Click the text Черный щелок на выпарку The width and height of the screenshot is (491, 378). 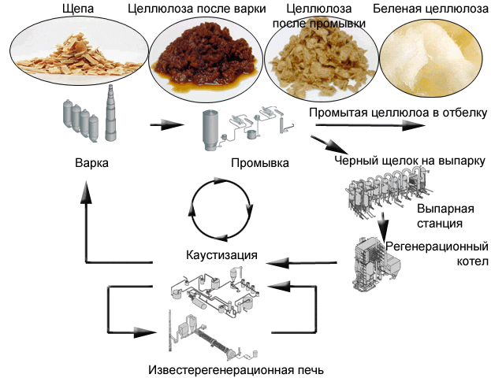coord(408,161)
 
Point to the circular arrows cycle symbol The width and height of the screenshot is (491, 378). coord(222,209)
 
